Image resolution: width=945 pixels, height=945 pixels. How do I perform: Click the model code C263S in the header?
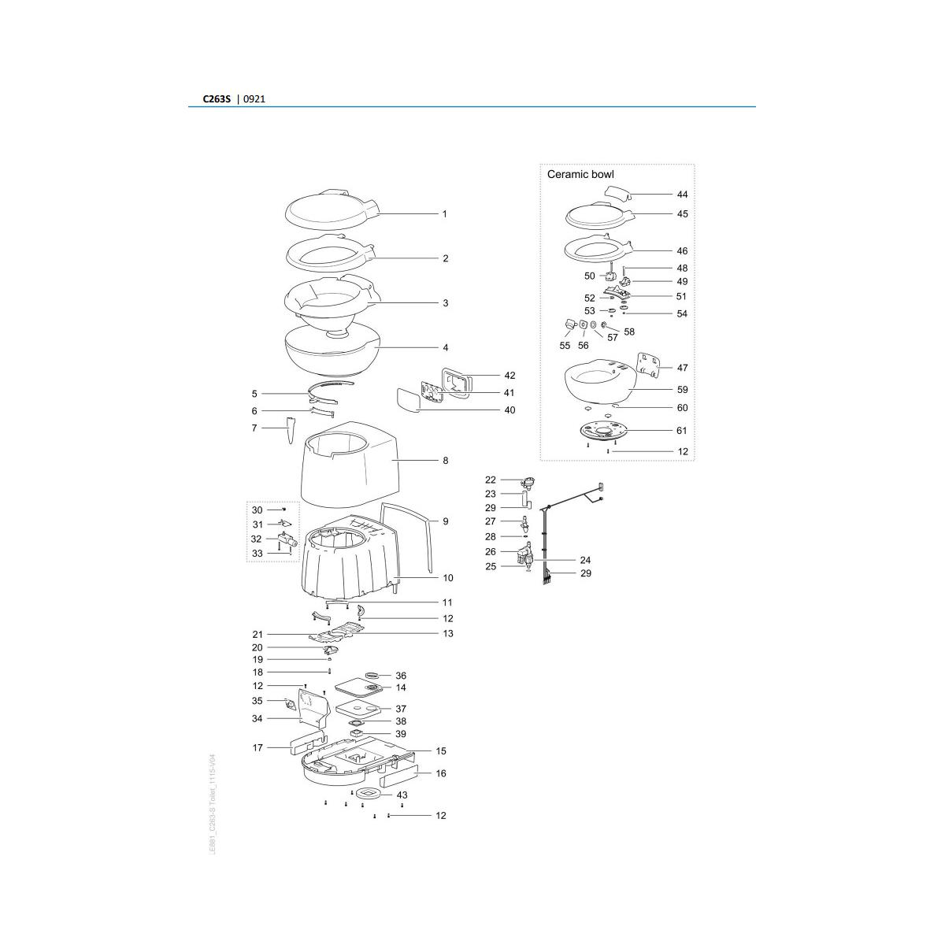coord(217,100)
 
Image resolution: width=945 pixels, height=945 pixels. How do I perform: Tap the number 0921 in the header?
coord(254,100)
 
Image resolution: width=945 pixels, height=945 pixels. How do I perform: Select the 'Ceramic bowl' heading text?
coord(580,174)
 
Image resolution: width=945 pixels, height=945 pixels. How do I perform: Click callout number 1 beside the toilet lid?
coord(444,214)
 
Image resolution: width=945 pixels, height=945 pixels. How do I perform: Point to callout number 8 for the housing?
coord(445,461)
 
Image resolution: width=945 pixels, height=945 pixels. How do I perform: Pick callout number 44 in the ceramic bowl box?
coord(682,194)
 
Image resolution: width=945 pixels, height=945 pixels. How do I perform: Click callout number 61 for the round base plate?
coord(682,431)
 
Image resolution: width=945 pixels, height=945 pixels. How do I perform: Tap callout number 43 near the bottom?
coord(402,795)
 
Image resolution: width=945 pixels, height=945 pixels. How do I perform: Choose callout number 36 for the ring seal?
coord(401,676)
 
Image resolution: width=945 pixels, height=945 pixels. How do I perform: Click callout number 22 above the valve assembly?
coord(491,480)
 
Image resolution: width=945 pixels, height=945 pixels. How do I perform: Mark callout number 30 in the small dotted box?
coord(257,510)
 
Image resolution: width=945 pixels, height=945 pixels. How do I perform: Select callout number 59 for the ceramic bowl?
coord(682,390)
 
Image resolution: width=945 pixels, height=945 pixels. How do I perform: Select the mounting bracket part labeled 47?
coord(647,365)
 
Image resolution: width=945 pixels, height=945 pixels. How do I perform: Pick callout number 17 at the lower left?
coord(258,748)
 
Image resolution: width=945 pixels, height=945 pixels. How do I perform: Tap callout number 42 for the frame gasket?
coord(510,376)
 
